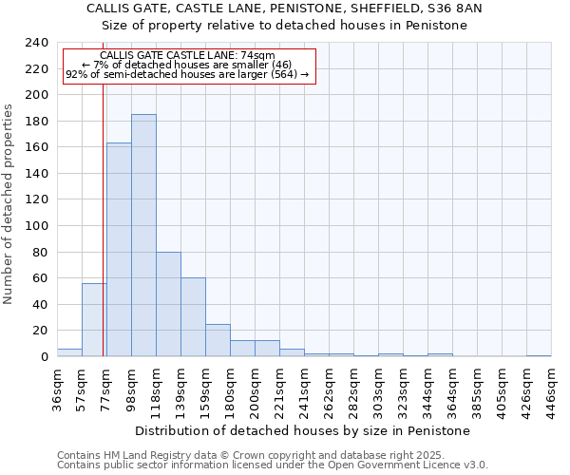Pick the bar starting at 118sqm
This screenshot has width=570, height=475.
[x=168, y=304]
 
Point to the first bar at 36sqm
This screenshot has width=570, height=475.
[x=69, y=352]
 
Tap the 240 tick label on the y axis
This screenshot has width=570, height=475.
[x=37, y=44]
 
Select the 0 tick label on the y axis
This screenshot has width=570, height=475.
[x=44, y=357]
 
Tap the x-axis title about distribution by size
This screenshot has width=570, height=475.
[x=303, y=430]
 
